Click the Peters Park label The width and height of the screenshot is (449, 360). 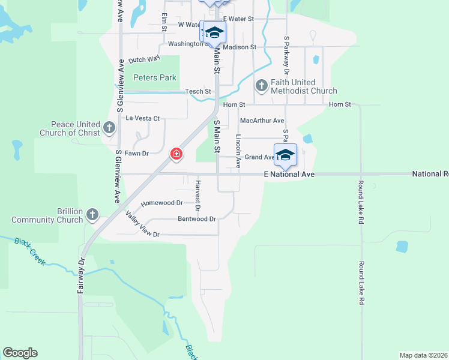155,77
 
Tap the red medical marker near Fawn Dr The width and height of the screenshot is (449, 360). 176,154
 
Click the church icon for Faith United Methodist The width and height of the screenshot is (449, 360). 261,86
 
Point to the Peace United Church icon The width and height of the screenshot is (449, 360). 109,127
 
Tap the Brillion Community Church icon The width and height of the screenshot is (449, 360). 92,214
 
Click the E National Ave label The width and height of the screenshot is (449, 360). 289,174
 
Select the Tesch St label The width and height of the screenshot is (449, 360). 198,91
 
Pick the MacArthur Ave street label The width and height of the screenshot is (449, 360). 262,121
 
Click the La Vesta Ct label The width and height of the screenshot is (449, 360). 142,118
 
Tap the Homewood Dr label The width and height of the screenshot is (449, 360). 161,203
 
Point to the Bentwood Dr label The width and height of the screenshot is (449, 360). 196,219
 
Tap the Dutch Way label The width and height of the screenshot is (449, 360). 144,59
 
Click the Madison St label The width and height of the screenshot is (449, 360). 240,47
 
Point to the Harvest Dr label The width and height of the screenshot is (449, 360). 197,194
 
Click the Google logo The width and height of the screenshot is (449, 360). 20,353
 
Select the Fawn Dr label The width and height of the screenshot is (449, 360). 137,153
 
